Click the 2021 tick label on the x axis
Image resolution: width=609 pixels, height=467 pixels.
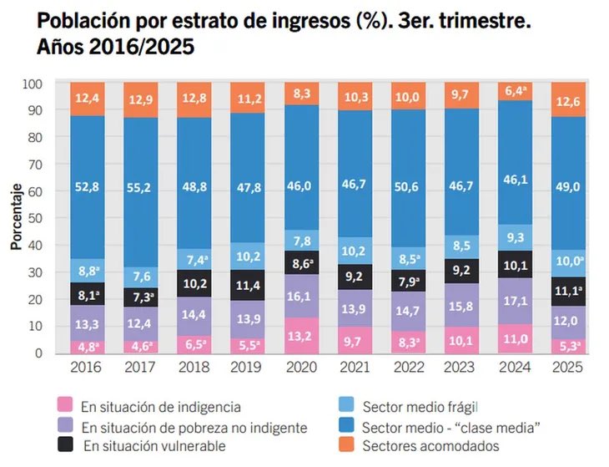pyautogui.click(x=355, y=367)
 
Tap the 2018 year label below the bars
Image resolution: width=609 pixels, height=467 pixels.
pyautogui.click(x=194, y=367)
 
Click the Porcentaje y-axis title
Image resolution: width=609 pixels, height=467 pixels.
pyautogui.click(x=16, y=219)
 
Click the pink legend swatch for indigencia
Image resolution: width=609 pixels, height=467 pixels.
pyautogui.click(x=63, y=408)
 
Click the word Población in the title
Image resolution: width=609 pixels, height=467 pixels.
pyautogui.click(x=78, y=20)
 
